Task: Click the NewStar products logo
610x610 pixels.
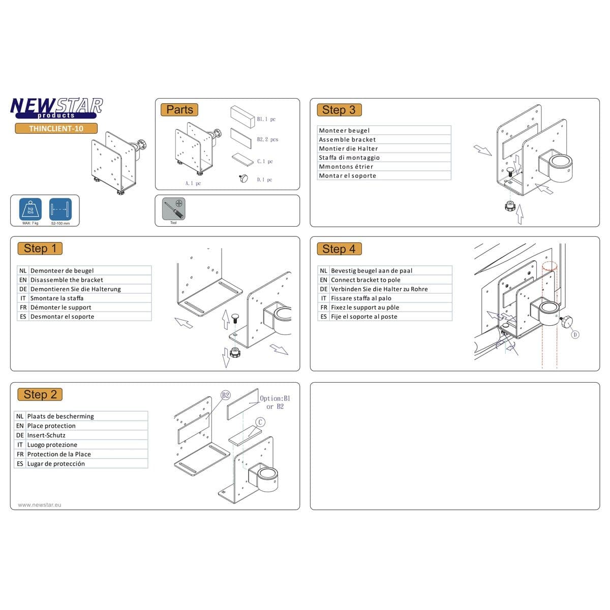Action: [x=56, y=108]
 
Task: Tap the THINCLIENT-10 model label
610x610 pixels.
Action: [x=56, y=129]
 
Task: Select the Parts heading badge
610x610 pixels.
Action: [x=179, y=110]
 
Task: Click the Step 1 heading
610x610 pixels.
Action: [x=40, y=249]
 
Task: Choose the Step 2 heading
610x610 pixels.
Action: [x=40, y=394]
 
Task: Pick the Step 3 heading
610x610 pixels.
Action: [x=339, y=110]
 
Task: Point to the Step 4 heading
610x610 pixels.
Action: [x=339, y=249]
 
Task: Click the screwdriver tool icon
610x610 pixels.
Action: [x=173, y=209]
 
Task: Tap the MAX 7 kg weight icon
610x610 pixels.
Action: [x=30, y=209]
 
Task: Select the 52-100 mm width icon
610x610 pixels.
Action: [x=60, y=209]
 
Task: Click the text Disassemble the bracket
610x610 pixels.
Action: [x=67, y=280]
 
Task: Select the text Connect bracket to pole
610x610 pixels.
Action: [x=365, y=280]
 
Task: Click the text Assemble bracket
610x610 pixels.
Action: [x=347, y=140]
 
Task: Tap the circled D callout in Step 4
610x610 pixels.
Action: [x=575, y=334]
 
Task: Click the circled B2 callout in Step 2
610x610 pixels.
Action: [x=226, y=395]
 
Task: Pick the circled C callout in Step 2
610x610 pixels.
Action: [x=260, y=422]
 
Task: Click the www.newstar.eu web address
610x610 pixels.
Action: [x=40, y=505]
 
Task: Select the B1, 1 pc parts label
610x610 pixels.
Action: [x=266, y=119]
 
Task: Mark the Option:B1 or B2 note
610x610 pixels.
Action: [x=275, y=402]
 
